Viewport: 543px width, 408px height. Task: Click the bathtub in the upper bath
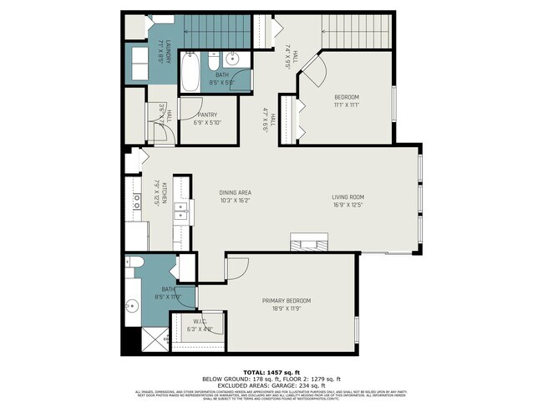point(188,72)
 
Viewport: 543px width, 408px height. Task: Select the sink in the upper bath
point(234,59)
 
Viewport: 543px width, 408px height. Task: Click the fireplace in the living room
point(309,243)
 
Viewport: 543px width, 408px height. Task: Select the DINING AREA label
point(236,192)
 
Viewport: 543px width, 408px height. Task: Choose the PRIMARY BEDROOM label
point(287,301)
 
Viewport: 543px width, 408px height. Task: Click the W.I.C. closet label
point(200,322)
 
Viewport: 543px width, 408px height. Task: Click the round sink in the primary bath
point(132,304)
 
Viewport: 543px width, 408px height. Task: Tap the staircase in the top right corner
point(356,32)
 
